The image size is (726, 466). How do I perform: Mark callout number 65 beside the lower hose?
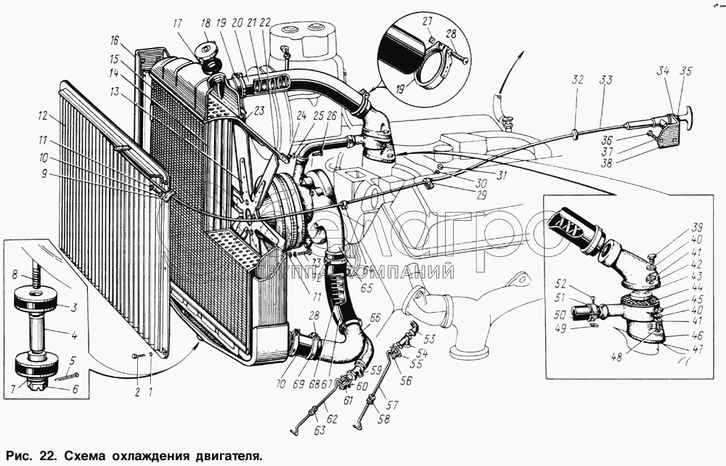point(367,288)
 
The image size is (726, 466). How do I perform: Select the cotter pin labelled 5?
point(68,375)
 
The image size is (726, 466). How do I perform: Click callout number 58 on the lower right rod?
point(384,418)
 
